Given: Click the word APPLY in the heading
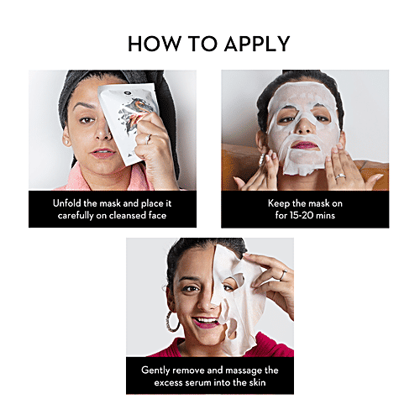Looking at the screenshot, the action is (x=257, y=44).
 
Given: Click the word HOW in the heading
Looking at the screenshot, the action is (x=154, y=44).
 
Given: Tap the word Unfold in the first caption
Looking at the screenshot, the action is (x=67, y=203).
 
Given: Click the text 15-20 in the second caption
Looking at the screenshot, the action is (x=302, y=215).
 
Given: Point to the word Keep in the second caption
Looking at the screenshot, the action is (x=279, y=203).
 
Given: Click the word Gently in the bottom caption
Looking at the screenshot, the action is (x=155, y=370).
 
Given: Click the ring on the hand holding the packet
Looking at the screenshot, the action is (x=149, y=139).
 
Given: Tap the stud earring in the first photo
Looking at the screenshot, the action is (x=67, y=142).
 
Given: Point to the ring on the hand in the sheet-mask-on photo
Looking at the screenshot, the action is (x=341, y=177).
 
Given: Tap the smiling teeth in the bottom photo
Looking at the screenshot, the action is (x=207, y=320).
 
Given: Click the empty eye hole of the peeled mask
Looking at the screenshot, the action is (x=234, y=281).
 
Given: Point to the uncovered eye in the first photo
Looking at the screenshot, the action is (x=87, y=120).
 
